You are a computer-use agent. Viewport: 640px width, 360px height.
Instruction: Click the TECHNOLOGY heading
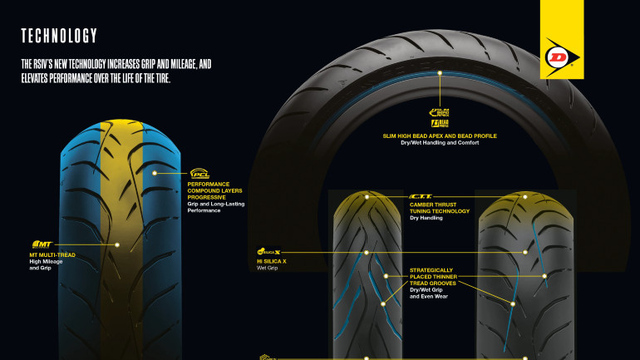59,36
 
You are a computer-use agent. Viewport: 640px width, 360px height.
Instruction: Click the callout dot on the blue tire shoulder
155,173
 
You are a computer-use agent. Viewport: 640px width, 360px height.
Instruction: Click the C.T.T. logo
421,196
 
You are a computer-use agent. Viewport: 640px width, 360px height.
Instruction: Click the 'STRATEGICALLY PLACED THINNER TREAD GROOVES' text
444,276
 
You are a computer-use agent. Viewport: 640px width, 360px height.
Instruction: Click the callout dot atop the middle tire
366,197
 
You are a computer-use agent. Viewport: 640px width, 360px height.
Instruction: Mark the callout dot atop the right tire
524,197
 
